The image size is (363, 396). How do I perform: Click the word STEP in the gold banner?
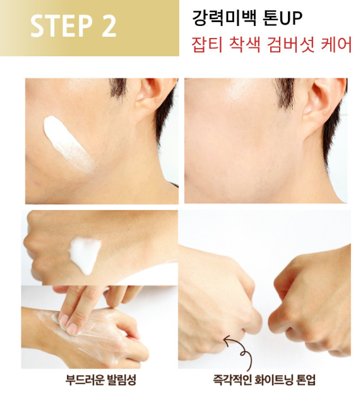pos(61,25)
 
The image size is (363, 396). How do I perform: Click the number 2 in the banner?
pos(109,25)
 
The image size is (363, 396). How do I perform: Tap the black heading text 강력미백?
pos(224,18)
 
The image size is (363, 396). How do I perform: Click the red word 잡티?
pos(207,44)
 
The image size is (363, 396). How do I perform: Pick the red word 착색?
pos(244,44)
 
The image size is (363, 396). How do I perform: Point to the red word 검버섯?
pos(290,44)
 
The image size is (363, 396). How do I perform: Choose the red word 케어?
pos(336,44)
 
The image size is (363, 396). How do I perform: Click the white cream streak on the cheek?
pos(68,144)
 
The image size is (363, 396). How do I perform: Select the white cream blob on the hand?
pos(85,255)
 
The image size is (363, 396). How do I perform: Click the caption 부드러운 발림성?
pos(100,380)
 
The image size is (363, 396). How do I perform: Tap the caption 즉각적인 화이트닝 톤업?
pos(264,380)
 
